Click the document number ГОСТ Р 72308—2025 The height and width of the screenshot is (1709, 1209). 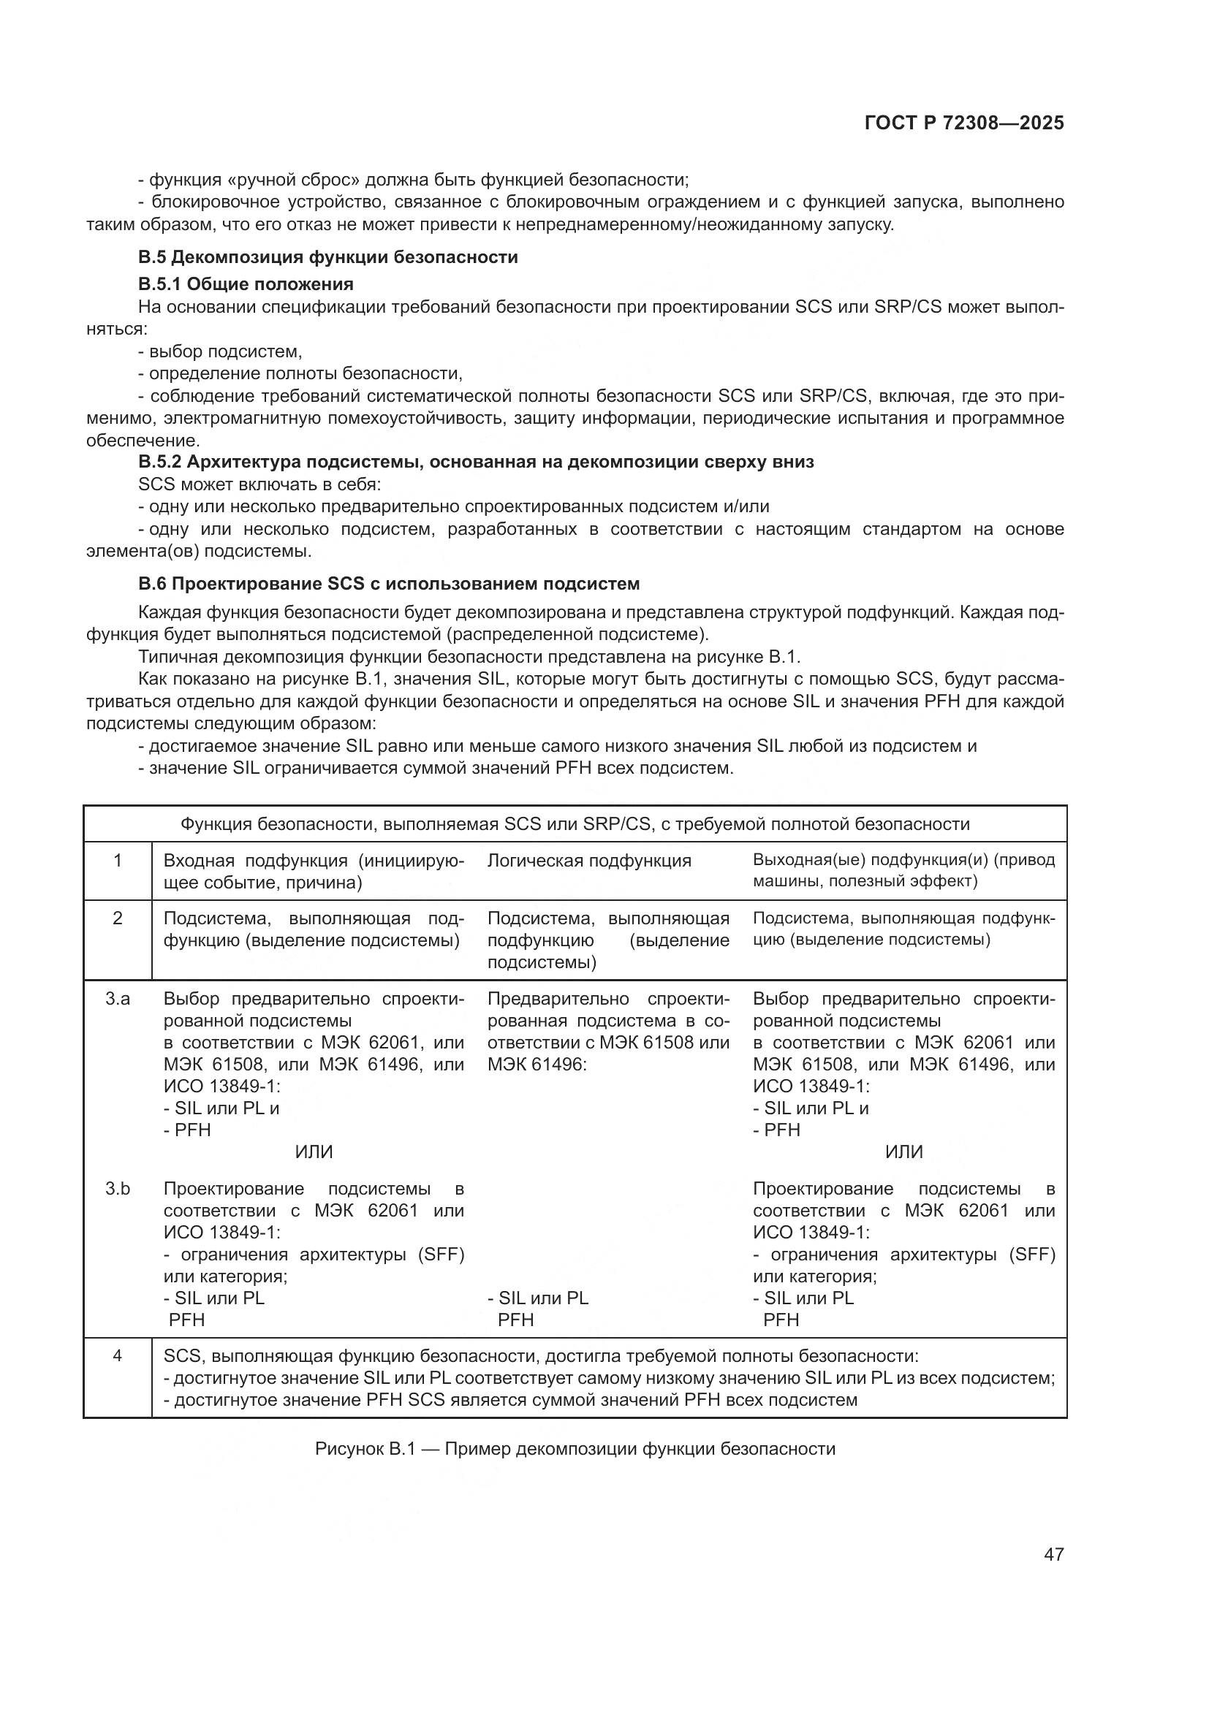point(964,123)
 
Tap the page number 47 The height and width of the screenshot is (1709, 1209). point(1053,1554)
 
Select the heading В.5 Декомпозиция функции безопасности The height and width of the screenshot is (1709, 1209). point(327,257)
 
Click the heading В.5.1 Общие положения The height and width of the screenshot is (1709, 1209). point(246,283)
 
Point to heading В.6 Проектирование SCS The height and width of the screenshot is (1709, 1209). point(389,584)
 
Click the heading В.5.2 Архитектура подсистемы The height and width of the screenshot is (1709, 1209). point(476,462)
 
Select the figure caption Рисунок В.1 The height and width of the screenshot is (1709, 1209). point(575,1448)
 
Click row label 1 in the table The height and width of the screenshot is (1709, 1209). point(118,861)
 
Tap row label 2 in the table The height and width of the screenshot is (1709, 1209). point(118,918)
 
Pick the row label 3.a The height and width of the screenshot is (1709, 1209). point(118,999)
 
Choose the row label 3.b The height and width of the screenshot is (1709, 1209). point(118,1189)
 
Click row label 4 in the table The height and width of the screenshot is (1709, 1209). point(118,1355)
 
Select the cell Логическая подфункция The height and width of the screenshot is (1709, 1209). point(589,861)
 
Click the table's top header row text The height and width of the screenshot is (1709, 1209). point(575,824)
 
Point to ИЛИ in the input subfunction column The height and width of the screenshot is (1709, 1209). point(314,1152)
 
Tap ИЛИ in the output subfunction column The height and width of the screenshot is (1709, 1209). point(903,1152)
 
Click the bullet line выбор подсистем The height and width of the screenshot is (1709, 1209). point(220,351)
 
